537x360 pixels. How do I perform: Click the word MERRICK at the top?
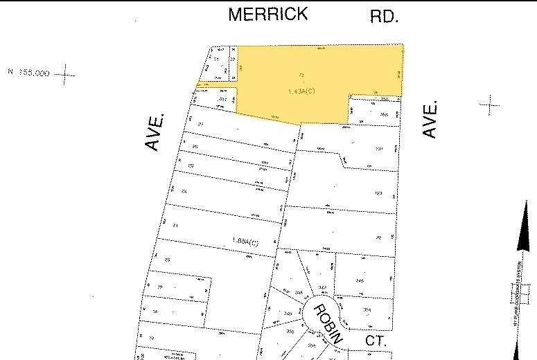(x=267, y=15)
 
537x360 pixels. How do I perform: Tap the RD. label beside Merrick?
(x=385, y=16)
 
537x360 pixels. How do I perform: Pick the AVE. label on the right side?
(x=430, y=118)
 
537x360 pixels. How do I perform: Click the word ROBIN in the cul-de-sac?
(x=327, y=324)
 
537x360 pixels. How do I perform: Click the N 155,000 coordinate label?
(x=28, y=72)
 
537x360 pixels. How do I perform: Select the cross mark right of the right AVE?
(x=490, y=105)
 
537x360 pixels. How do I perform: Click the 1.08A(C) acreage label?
(x=245, y=241)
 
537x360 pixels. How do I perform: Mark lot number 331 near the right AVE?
(x=378, y=149)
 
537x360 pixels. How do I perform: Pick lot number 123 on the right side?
(x=378, y=193)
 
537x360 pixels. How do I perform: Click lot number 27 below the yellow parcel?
(x=202, y=124)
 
